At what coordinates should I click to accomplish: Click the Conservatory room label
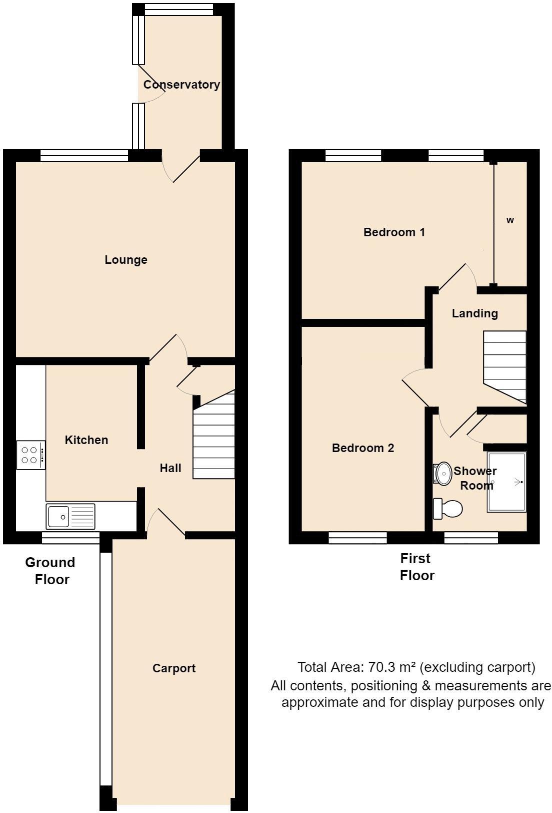(x=181, y=85)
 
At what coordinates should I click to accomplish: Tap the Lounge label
(x=126, y=260)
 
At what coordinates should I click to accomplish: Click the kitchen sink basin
(x=58, y=516)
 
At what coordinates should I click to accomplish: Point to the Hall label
(x=170, y=468)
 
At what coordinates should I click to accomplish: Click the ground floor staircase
(x=214, y=441)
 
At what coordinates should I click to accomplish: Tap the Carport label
(x=174, y=668)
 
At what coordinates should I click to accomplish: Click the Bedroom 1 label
(x=394, y=232)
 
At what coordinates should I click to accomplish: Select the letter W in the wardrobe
(x=510, y=220)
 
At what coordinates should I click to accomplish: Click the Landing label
(x=474, y=313)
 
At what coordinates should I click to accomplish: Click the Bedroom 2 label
(x=363, y=448)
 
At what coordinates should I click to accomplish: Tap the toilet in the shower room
(x=448, y=509)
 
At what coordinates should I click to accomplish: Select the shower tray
(x=506, y=482)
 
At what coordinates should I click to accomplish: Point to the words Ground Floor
(x=50, y=571)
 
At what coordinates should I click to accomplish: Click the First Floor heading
(x=416, y=567)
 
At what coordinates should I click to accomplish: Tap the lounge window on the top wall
(x=84, y=156)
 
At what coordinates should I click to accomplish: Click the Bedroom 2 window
(x=357, y=538)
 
